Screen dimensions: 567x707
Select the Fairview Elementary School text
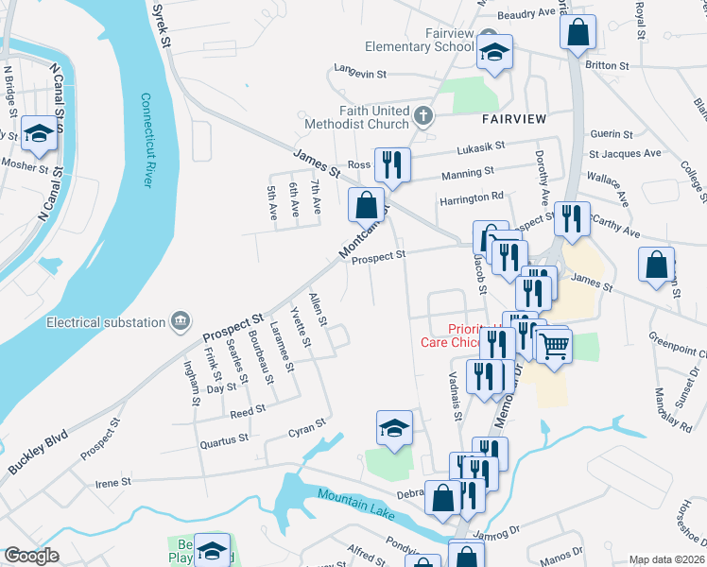422,39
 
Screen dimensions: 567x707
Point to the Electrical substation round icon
180,322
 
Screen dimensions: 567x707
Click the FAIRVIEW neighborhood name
513,120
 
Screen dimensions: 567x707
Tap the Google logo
31,556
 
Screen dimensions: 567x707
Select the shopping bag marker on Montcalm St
366,203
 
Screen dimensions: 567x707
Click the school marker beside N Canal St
39,134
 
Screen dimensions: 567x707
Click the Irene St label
113,482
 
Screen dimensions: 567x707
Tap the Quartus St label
224,438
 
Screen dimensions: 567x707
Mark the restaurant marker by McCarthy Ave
571,218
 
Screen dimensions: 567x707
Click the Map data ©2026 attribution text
666,559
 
